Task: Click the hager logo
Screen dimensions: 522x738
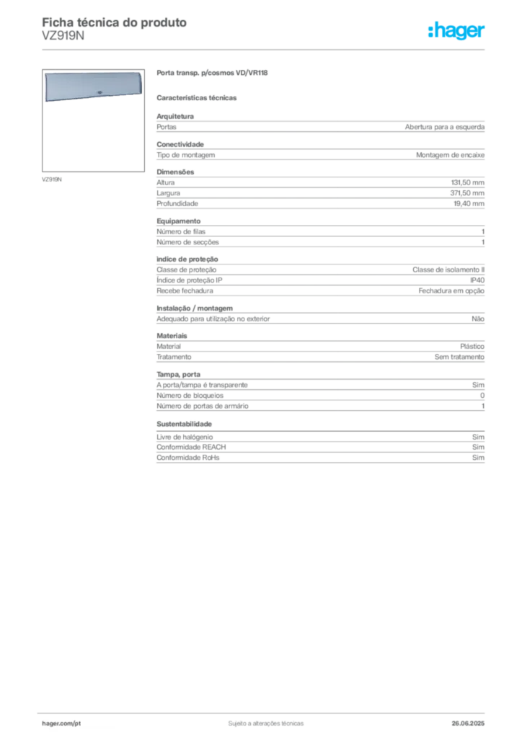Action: pos(456,30)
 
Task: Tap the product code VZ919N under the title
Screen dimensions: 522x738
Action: pos(63,36)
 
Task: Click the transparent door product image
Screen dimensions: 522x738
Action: pos(93,86)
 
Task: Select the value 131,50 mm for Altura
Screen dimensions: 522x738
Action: pos(467,182)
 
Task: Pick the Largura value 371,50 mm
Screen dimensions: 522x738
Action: pos(467,193)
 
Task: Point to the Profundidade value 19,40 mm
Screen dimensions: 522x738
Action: pos(469,204)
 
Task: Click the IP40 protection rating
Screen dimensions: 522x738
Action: pos(477,280)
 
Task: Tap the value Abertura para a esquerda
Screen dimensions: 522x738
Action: pos(445,127)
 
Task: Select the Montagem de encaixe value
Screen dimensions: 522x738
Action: pos(450,155)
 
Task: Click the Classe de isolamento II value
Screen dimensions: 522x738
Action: pos(448,270)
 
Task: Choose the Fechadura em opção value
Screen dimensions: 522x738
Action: pos(451,291)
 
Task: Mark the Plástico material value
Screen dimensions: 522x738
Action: pos(472,347)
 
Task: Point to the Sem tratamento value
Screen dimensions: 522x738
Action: pos(459,357)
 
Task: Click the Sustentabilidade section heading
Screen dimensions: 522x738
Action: pos(184,424)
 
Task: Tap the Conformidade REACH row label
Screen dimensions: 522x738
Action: pos(191,447)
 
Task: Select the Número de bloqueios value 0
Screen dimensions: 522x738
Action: pos(482,396)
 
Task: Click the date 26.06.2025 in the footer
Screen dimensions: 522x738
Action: pos(468,724)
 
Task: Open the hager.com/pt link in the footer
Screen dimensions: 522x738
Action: pos(61,724)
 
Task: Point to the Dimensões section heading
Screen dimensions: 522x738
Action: pos(175,172)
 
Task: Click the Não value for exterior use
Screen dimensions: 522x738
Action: pos(478,319)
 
